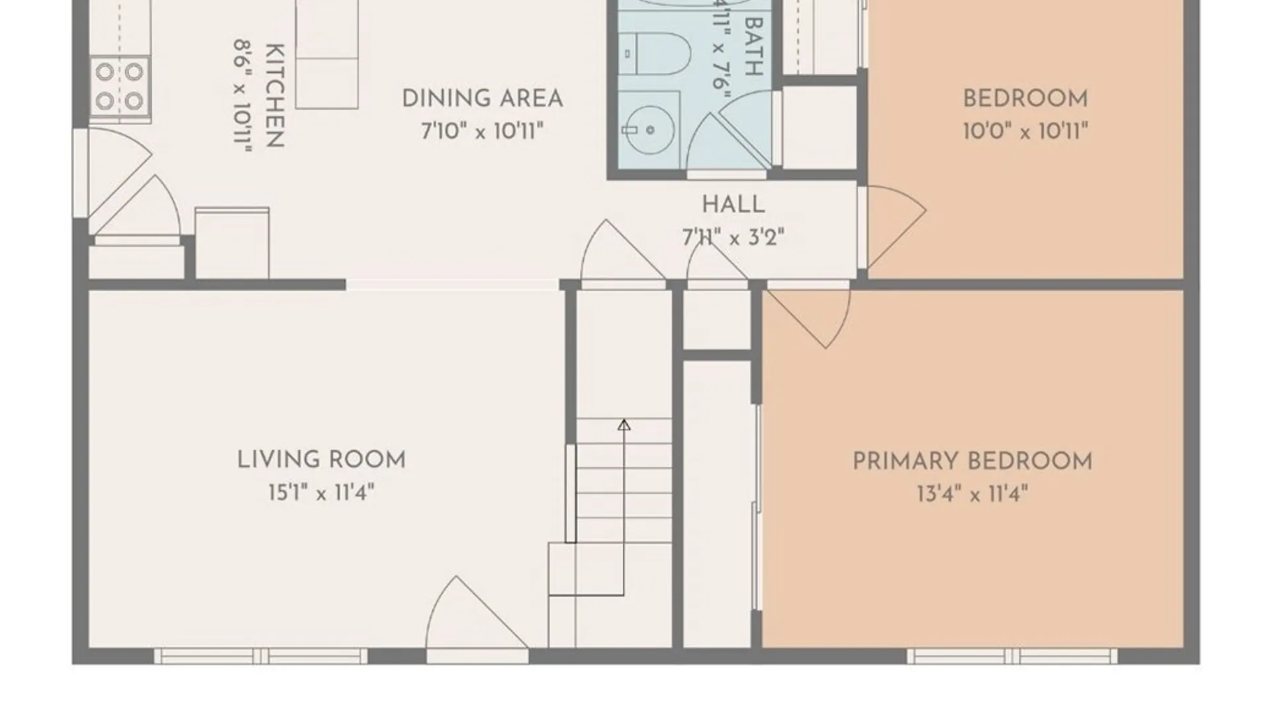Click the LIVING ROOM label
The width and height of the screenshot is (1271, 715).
click(321, 460)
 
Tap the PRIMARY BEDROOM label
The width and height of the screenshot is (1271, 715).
click(972, 461)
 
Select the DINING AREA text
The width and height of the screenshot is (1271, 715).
click(483, 99)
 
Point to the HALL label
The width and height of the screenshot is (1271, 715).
click(733, 205)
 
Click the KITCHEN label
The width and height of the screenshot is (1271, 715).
click(275, 96)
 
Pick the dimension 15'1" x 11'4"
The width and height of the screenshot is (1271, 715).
click(321, 493)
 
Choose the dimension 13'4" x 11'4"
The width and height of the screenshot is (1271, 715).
click(972, 494)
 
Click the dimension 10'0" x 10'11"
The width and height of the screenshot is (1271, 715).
click(1025, 131)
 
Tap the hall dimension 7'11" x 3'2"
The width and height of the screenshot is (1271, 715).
click(733, 237)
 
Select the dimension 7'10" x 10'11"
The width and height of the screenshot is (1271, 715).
click(483, 131)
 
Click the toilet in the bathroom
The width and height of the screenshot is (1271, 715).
click(658, 54)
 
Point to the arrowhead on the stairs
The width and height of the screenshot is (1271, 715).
click(624, 425)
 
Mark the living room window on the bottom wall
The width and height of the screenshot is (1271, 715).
click(261, 656)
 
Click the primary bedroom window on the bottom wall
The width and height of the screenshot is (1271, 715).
click(1012, 656)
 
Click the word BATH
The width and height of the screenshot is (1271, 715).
click(754, 46)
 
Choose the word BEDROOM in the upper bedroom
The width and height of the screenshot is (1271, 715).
click(1025, 99)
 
